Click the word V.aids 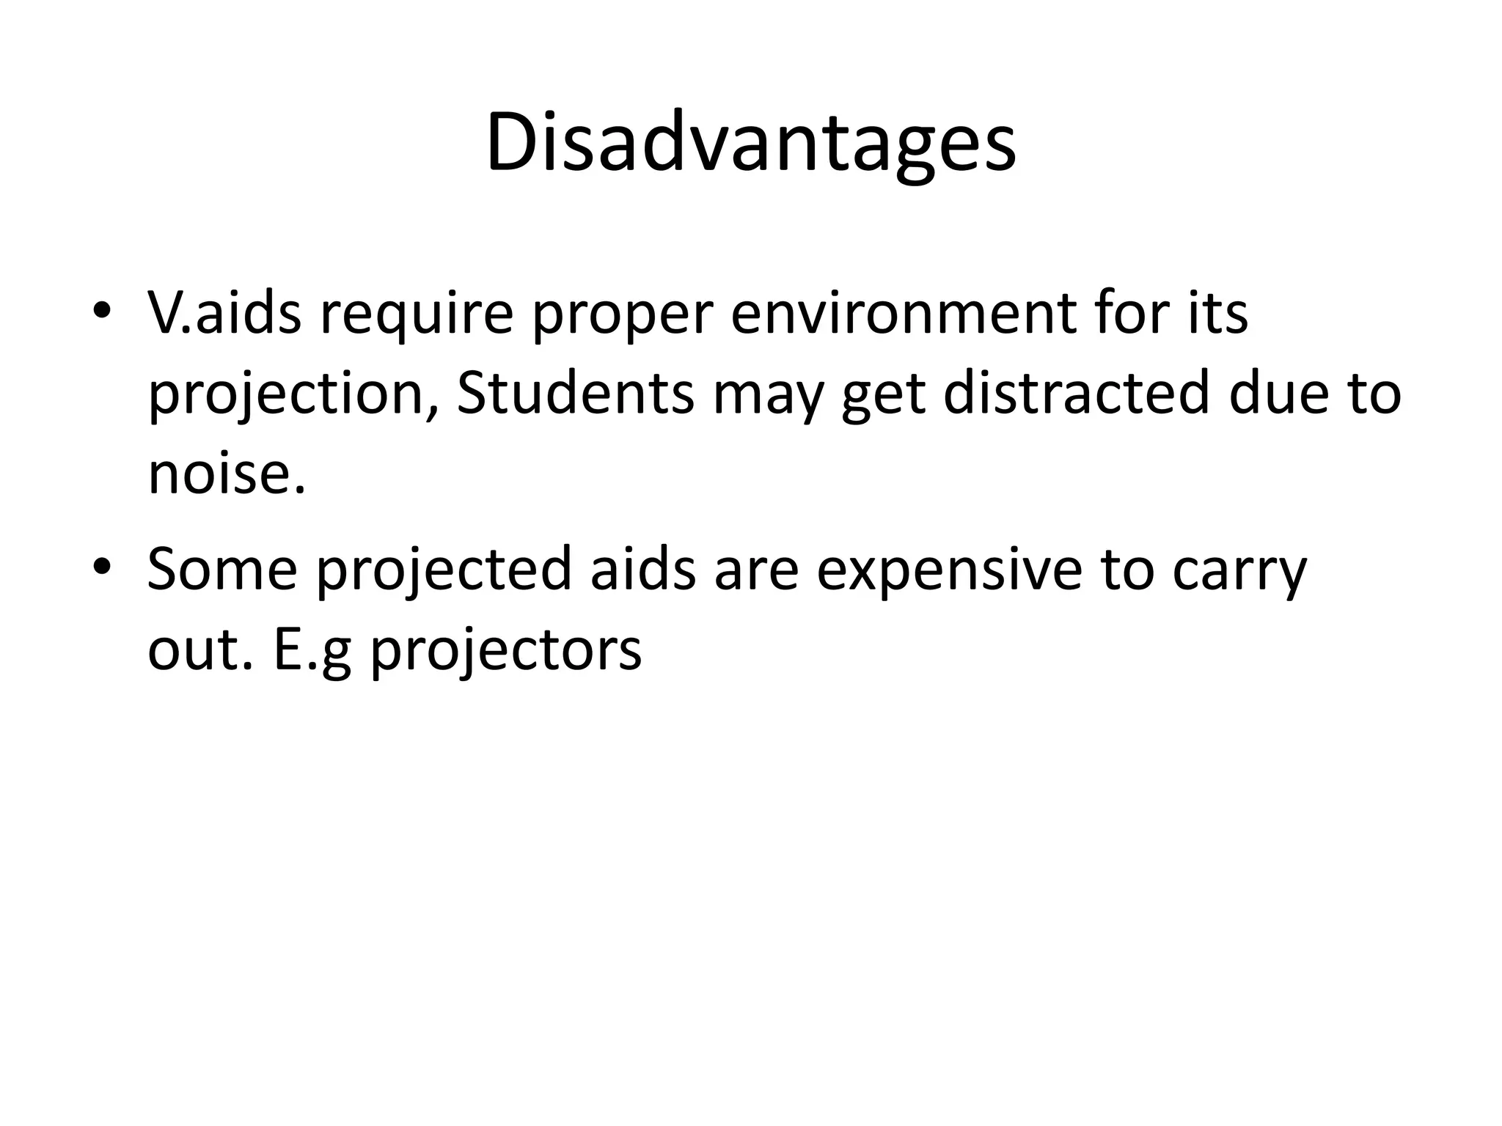(x=224, y=313)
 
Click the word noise (x=225, y=473)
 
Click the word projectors (x=505, y=650)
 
